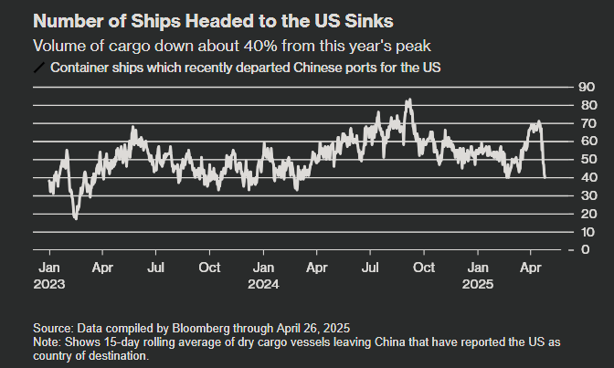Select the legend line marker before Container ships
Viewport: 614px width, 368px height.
[38, 68]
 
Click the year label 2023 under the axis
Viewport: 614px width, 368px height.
[49, 284]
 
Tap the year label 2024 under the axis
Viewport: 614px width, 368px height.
[264, 284]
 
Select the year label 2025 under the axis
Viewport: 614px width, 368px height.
[477, 284]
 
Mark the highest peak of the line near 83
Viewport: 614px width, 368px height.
[408, 100]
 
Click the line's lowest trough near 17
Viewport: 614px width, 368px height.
[76, 218]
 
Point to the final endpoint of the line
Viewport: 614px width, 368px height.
[545, 177]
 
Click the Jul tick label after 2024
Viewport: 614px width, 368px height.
[371, 268]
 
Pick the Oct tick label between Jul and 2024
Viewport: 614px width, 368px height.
[210, 268]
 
